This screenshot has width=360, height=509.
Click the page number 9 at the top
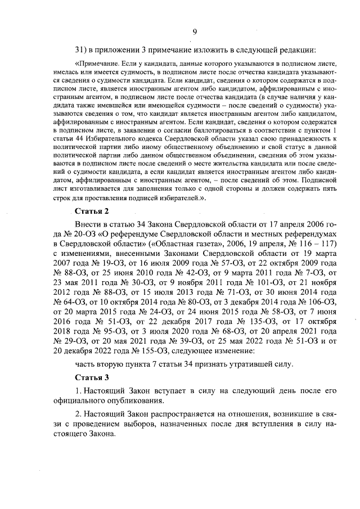[194, 31]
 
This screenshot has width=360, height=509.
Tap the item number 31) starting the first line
[83, 48]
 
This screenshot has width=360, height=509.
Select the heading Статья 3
[92, 376]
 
